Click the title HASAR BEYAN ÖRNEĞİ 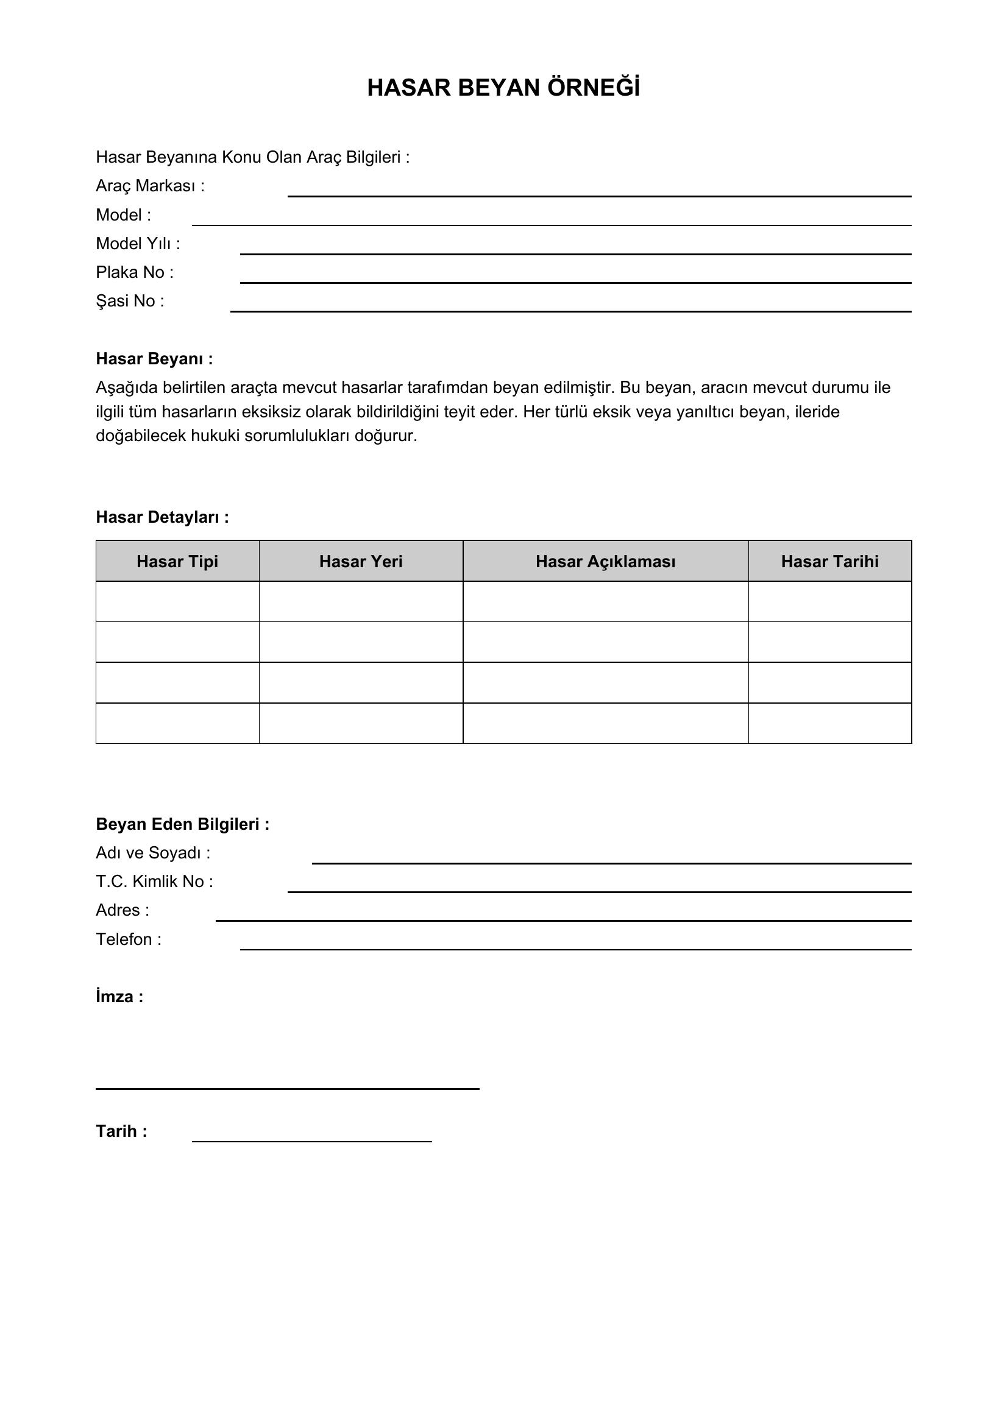[x=503, y=88]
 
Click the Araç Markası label [x=150, y=186]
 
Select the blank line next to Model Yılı [x=575, y=253]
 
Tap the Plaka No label [x=135, y=272]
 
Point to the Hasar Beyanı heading [x=154, y=359]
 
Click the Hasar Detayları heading [x=162, y=517]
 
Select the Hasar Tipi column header [x=177, y=562]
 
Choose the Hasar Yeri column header [x=361, y=562]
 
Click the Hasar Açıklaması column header [x=605, y=562]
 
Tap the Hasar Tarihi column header [x=830, y=562]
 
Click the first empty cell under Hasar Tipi [x=177, y=601]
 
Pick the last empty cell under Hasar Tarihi [x=830, y=723]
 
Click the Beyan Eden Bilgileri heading [x=182, y=824]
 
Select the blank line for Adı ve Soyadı [x=611, y=862]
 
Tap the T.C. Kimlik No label [x=155, y=882]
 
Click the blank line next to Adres [x=563, y=919]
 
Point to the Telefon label [x=129, y=939]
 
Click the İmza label [x=119, y=997]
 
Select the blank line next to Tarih [x=311, y=1140]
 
